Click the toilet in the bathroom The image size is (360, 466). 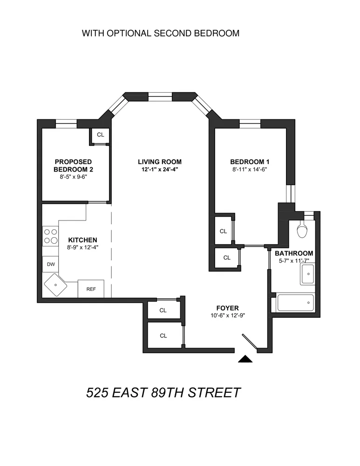(x=302, y=230)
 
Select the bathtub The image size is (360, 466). (x=295, y=303)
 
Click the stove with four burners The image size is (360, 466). (x=50, y=236)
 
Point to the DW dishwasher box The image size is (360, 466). (x=51, y=264)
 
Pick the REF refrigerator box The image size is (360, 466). (x=91, y=288)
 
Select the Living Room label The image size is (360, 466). (x=159, y=162)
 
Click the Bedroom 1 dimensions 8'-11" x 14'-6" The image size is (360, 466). (x=250, y=169)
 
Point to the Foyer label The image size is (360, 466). (x=227, y=308)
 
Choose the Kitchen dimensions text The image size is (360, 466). (x=82, y=247)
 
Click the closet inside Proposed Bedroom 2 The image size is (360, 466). (x=100, y=135)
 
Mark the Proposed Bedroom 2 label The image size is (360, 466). (x=74, y=165)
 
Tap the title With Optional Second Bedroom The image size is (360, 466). (x=160, y=34)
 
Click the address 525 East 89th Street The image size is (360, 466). (x=163, y=392)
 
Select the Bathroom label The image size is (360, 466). (x=294, y=253)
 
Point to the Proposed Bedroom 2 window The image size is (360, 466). (x=66, y=123)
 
